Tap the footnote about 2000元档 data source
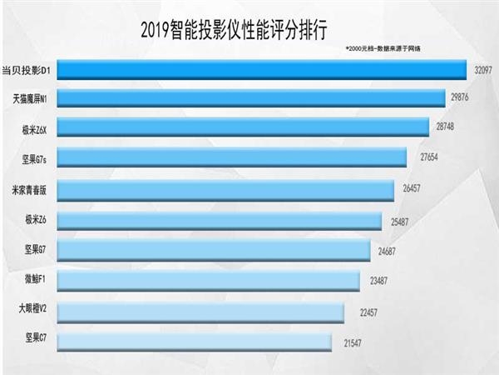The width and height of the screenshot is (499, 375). pyautogui.click(x=383, y=50)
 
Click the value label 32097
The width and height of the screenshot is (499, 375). pyautogui.click(x=483, y=70)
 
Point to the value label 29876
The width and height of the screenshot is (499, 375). pyautogui.click(x=462, y=98)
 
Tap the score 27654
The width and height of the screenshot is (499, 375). pyautogui.click(x=424, y=157)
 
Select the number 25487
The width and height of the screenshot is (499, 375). pyautogui.click(x=399, y=221)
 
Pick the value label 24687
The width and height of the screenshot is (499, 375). pyautogui.click(x=389, y=251)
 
